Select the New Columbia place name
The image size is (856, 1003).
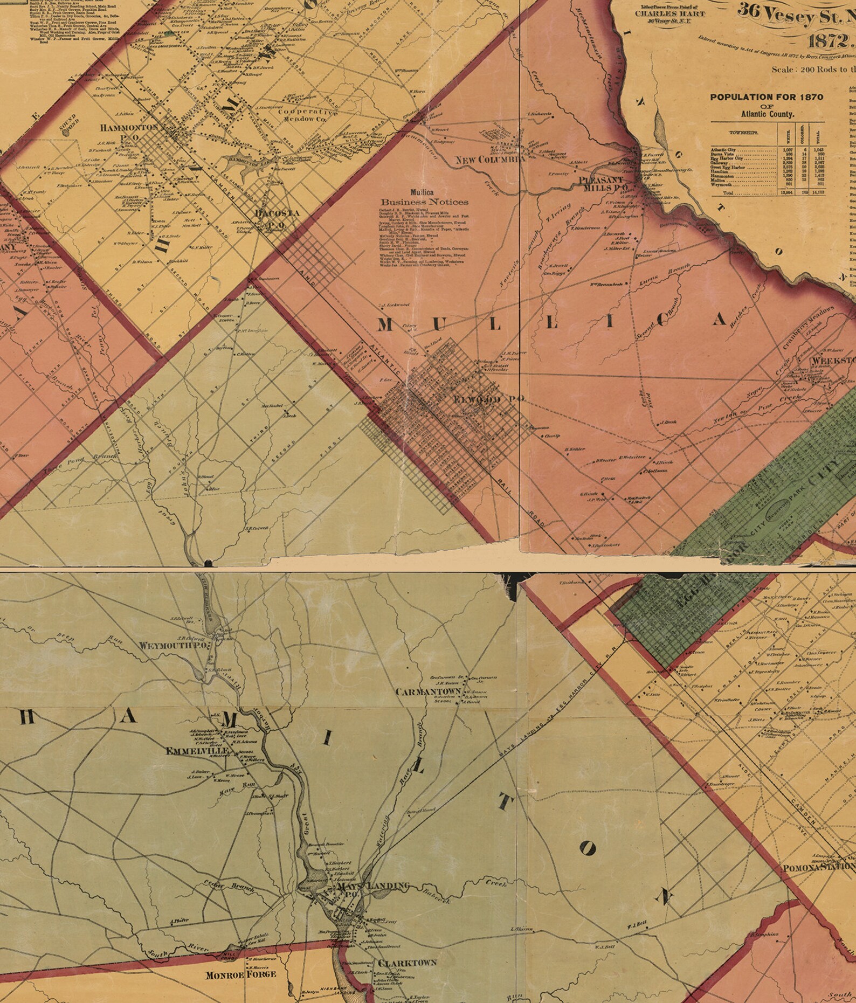tap(490, 160)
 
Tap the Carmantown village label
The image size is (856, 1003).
tap(428, 691)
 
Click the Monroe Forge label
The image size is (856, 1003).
tap(241, 974)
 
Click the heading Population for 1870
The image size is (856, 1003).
tap(766, 97)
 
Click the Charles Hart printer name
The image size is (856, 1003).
tap(669, 13)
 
